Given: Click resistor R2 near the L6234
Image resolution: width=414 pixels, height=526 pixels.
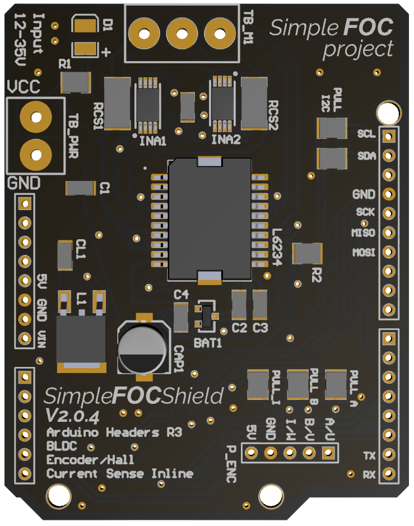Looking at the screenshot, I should tap(308, 254).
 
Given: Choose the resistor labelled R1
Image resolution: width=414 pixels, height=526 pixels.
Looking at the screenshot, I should tap(76, 84).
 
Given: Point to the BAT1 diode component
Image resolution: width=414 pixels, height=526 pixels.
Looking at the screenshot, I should tap(205, 317).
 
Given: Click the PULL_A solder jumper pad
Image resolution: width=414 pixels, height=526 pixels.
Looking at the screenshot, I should tap(336, 384).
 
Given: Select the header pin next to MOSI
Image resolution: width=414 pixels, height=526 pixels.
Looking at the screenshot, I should tap(388, 252).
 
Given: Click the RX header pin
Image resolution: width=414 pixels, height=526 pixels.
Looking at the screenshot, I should tap(388, 475).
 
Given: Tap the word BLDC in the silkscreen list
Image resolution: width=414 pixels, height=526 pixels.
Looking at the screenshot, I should tap(62, 446).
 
